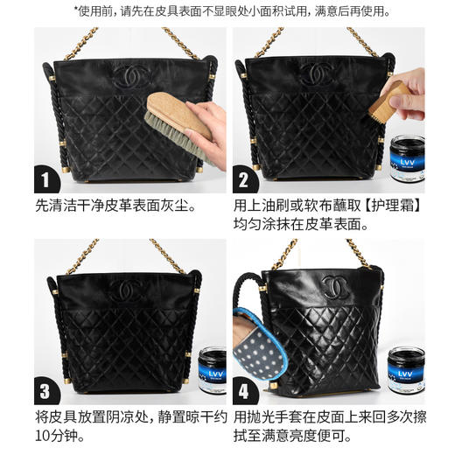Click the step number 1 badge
click(x=45, y=180)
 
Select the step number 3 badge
click(x=45, y=388)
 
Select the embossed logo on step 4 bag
click(x=335, y=286)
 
